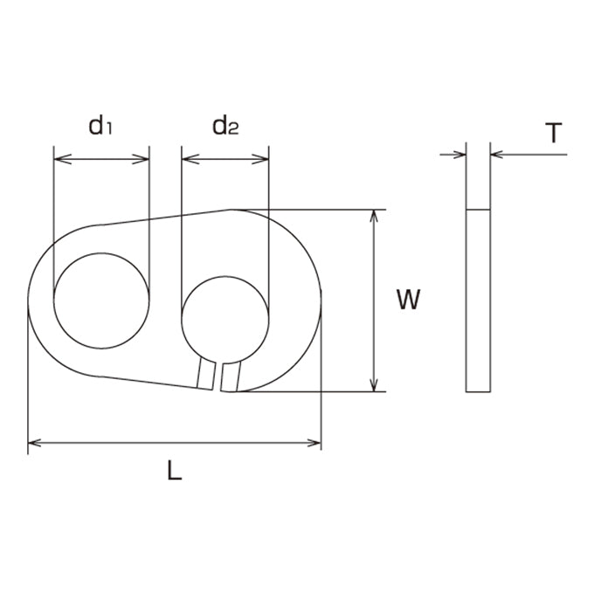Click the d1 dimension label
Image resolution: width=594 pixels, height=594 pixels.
point(100,126)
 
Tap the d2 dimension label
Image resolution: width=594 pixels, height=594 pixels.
point(225,126)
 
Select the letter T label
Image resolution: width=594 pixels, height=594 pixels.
point(554,133)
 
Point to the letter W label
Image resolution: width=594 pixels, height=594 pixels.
point(408,300)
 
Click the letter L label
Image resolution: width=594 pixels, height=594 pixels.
point(175,471)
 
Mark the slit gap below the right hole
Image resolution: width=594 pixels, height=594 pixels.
point(218,377)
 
